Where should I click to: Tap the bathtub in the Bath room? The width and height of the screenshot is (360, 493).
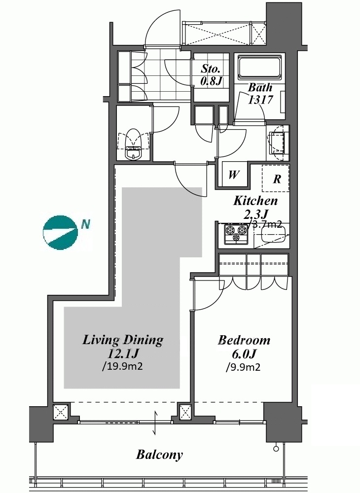259,68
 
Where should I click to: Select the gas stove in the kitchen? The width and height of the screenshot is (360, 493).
236,234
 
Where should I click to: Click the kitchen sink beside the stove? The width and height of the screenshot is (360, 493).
273,235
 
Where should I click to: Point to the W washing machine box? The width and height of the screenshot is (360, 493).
233,175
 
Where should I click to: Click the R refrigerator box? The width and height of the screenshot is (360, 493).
276,178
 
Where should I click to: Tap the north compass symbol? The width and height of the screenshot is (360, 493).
60,232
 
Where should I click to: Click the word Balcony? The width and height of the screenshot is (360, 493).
159,455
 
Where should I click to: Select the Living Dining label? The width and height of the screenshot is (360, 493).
123,340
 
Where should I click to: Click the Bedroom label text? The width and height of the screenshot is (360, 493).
244,340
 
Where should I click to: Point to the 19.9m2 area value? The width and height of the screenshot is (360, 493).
123,366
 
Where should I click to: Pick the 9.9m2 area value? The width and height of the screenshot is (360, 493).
243,367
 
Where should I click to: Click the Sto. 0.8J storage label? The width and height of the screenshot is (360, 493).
211,75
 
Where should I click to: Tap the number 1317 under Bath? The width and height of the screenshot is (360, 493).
260,100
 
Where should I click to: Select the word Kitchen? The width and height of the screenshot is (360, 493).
255,201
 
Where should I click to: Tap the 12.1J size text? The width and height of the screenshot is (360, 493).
123,353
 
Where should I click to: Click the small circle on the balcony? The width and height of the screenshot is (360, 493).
276,449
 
